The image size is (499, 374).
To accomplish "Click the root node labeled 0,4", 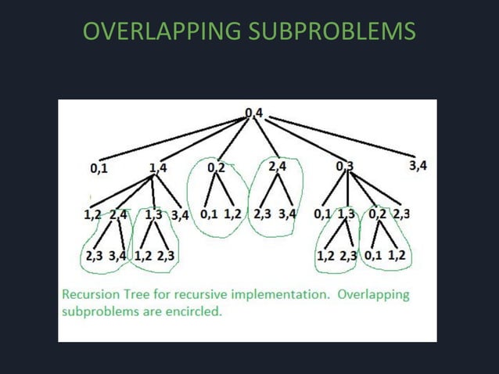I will click(254, 113).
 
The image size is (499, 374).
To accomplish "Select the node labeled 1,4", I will click(157, 167).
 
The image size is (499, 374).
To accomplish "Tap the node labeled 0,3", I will click(344, 166).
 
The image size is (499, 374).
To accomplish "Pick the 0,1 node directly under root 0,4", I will click(99, 167).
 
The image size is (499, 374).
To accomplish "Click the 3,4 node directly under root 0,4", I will click(418, 165).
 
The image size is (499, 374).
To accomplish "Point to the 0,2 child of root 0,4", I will click(216, 167).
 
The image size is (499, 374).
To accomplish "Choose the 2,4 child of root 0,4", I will click(278, 166).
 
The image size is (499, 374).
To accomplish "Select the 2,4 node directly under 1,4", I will click(119, 213).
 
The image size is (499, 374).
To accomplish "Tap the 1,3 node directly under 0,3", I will click(346, 213).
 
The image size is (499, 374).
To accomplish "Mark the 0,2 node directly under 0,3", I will click(377, 213).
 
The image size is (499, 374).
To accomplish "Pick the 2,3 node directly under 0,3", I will click(401, 213).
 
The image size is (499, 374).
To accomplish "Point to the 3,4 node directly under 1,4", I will click(180, 213).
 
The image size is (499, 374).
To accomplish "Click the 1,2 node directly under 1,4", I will click(93, 213).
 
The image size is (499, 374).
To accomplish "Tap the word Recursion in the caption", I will click(91, 295).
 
